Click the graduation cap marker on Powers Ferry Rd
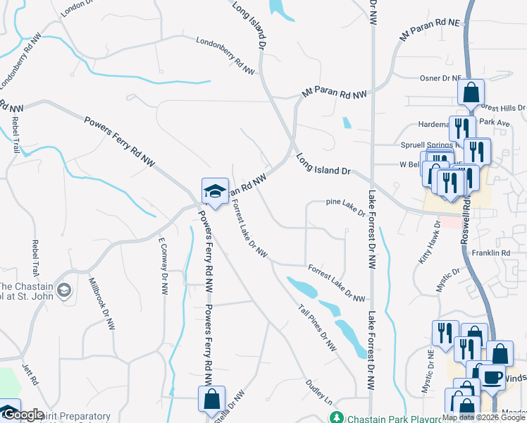click(215, 191)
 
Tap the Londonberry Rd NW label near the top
click(225, 56)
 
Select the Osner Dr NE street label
click(440, 78)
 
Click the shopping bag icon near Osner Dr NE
click(471, 92)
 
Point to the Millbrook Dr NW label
click(101, 304)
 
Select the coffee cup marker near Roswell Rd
click(492, 376)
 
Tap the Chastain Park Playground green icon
click(338, 417)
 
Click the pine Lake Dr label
click(346, 205)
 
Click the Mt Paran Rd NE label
click(429, 30)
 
